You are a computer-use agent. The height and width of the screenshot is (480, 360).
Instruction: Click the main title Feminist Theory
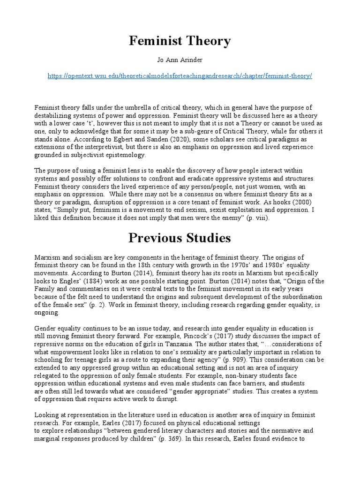click(180, 41)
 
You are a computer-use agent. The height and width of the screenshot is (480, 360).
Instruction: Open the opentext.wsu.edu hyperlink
click(180, 76)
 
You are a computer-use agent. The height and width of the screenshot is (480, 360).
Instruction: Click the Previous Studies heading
click(180, 238)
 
